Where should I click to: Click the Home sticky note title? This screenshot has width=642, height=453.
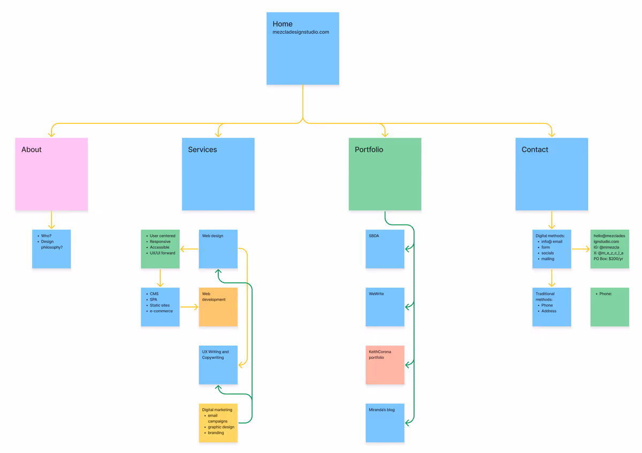coord(282,24)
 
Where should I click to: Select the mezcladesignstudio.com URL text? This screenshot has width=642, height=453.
coord(301,32)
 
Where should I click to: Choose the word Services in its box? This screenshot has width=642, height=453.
coord(202,150)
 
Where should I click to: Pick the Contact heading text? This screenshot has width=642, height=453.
coord(534,150)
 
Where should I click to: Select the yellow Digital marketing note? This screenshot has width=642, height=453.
coord(218,423)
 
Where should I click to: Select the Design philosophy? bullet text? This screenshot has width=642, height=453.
coord(52,244)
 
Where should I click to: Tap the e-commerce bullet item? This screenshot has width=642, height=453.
coord(161,311)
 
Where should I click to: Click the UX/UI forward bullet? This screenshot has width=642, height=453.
coord(162,253)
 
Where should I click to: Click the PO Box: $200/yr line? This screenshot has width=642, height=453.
coord(608,259)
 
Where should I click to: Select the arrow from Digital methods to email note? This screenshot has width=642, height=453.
coord(580,249)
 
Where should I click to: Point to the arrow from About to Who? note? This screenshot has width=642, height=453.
coord(51,220)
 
